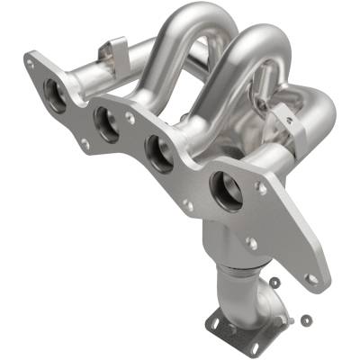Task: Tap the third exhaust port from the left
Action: click(163, 154)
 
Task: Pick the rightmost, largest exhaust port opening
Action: click(225, 191)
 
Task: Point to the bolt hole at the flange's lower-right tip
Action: click(311, 280)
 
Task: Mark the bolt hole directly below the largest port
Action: click(252, 244)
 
